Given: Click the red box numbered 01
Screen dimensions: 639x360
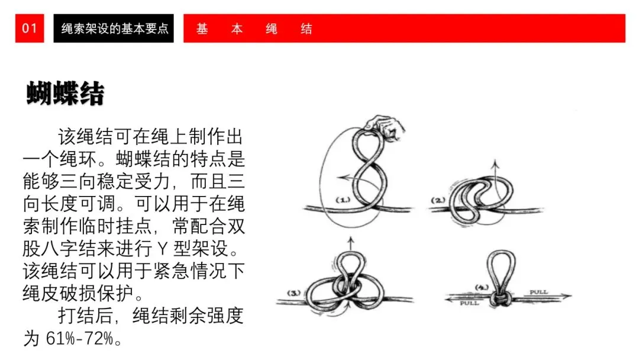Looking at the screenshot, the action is point(30,28).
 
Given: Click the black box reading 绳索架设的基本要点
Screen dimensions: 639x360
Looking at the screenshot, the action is point(114,28).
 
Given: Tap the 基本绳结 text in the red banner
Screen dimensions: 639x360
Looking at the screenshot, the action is point(254,28).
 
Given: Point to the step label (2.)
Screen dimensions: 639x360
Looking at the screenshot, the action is point(438,200).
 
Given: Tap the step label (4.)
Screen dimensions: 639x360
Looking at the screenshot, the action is point(481,288).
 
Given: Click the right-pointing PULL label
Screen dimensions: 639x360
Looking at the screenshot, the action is point(538,292).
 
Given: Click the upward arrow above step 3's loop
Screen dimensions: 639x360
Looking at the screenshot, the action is point(350,242).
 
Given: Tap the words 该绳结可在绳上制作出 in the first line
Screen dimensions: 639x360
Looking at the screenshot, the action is point(150,137).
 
